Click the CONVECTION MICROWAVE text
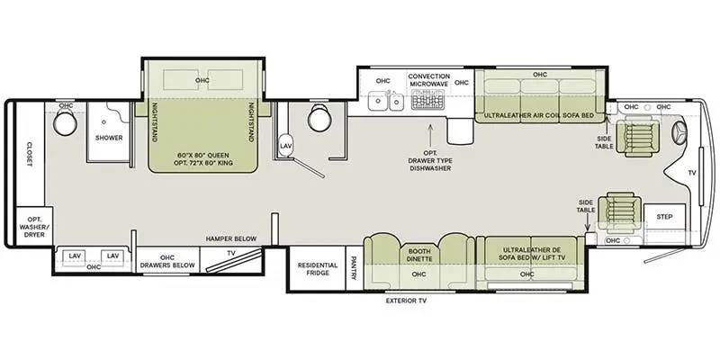(x=428, y=82)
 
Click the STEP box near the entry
(x=664, y=217)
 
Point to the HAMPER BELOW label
(x=231, y=238)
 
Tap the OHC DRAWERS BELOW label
(x=166, y=261)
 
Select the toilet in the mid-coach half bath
(x=317, y=118)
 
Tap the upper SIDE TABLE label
(x=605, y=142)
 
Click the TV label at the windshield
(x=691, y=172)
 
